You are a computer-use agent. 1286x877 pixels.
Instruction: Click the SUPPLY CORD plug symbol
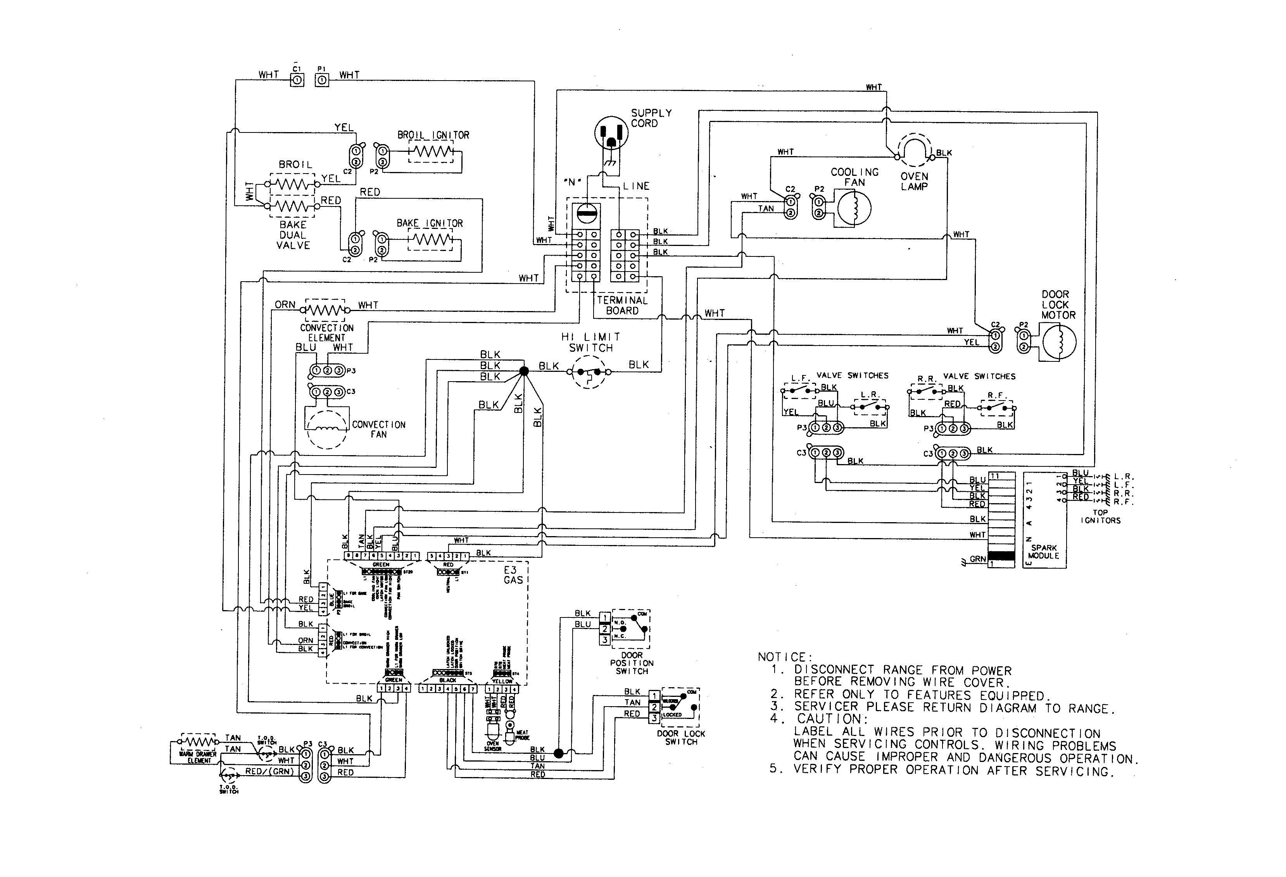(611, 133)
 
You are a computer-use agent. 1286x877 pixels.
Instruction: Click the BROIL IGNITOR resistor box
(430, 151)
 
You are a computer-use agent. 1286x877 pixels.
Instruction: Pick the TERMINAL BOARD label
(622, 305)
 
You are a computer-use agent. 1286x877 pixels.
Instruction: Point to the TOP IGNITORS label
(1100, 516)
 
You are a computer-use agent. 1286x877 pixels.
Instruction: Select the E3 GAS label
(513, 575)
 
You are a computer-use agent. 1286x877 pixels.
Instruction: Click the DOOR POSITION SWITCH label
(632, 663)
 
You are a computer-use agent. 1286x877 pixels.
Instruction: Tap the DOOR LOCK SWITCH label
(681, 738)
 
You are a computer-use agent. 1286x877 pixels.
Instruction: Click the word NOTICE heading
(782, 657)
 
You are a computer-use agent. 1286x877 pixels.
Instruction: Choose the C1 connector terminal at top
(297, 81)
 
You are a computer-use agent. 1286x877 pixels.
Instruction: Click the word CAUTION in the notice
(829, 719)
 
